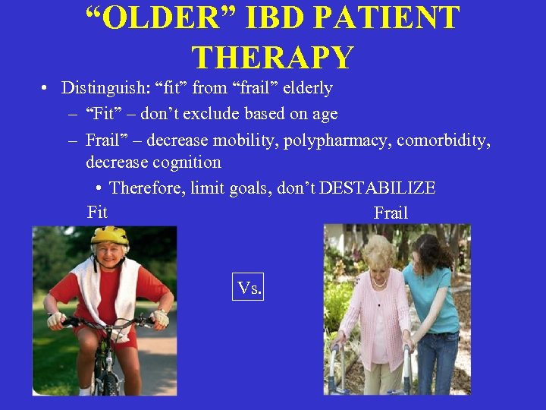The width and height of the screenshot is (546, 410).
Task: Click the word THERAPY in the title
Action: (x=272, y=58)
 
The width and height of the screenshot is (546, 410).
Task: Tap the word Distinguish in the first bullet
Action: (x=105, y=88)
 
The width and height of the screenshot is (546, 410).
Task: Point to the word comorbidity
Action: (x=444, y=140)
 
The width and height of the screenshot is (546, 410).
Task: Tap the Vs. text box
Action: (x=248, y=288)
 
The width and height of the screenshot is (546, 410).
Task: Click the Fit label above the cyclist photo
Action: (x=97, y=213)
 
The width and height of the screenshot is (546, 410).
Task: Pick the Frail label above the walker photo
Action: (x=391, y=213)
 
